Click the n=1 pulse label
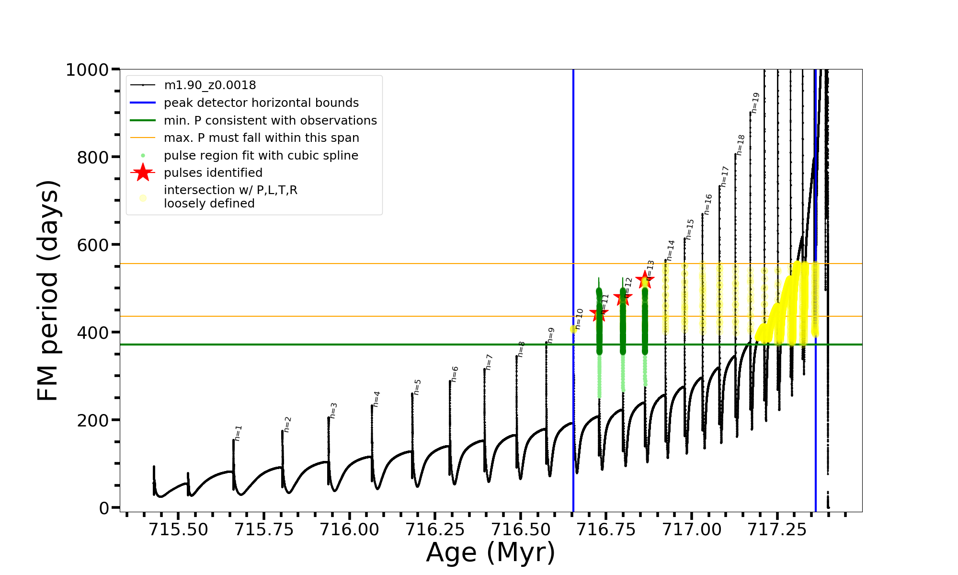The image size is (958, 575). click(x=238, y=433)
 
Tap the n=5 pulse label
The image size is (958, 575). click(x=417, y=387)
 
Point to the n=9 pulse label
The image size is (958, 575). click(x=551, y=335)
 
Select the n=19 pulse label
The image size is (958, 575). click(x=755, y=103)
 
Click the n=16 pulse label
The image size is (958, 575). click(x=708, y=205)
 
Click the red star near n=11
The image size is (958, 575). click(x=599, y=314)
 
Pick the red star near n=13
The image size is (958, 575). click(x=645, y=280)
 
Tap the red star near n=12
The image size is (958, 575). click(x=623, y=298)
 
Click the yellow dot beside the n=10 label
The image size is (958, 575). click(x=573, y=329)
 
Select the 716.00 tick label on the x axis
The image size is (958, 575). click(x=349, y=530)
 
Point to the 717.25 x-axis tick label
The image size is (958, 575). click(x=777, y=530)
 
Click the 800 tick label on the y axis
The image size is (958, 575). click(x=93, y=157)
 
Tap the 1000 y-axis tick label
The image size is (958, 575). click(x=88, y=70)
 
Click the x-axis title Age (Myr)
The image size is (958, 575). click(x=490, y=552)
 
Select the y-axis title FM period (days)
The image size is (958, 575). click(x=48, y=290)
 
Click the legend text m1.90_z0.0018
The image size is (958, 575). click(x=210, y=85)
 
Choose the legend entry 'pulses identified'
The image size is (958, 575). click(x=213, y=172)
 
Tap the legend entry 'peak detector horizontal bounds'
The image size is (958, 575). click(x=261, y=103)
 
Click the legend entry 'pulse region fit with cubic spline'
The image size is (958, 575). click(x=261, y=156)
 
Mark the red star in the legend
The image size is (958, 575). click(x=143, y=172)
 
